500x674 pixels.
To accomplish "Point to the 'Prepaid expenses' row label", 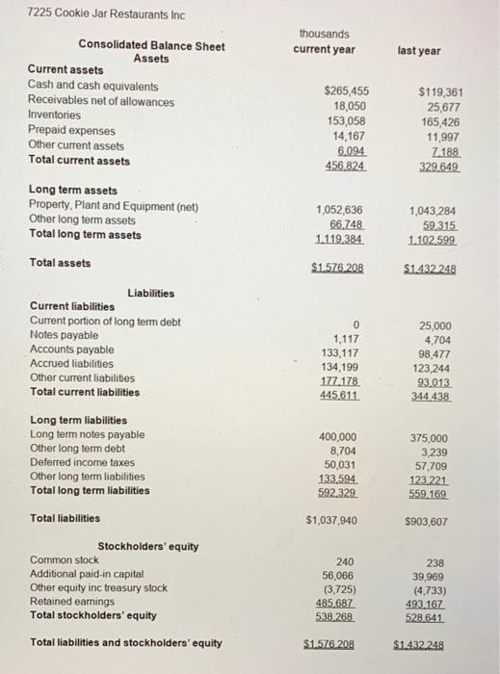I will point(70,131).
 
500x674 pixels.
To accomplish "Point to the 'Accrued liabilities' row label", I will point(71,364).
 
